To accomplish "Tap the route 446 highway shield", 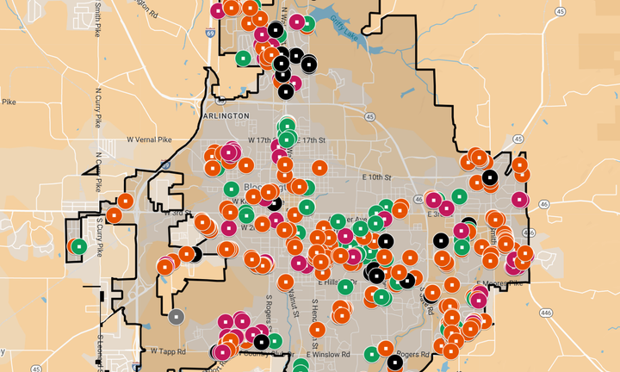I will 545,315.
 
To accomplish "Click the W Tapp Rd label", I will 168,351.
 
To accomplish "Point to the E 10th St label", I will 376,177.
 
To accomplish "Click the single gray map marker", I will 177,316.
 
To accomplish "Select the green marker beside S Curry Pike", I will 79,246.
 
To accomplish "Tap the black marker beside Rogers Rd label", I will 394,362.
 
